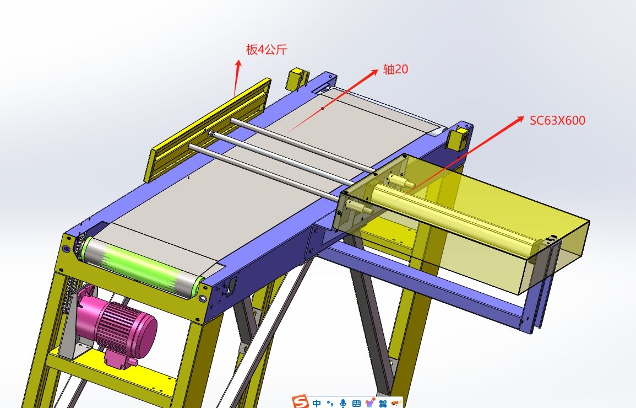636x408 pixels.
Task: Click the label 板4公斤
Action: coord(267,50)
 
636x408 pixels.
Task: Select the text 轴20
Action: coord(395,69)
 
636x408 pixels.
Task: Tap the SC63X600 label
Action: coord(557,120)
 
